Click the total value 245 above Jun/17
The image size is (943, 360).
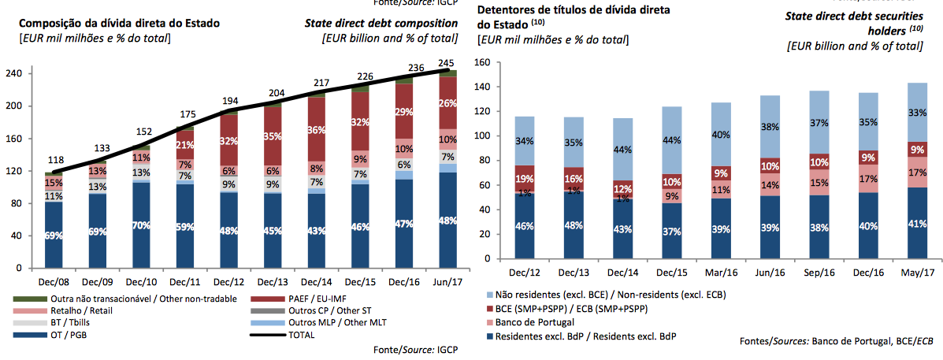(447, 63)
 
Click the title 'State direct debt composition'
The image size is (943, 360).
(381, 23)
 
